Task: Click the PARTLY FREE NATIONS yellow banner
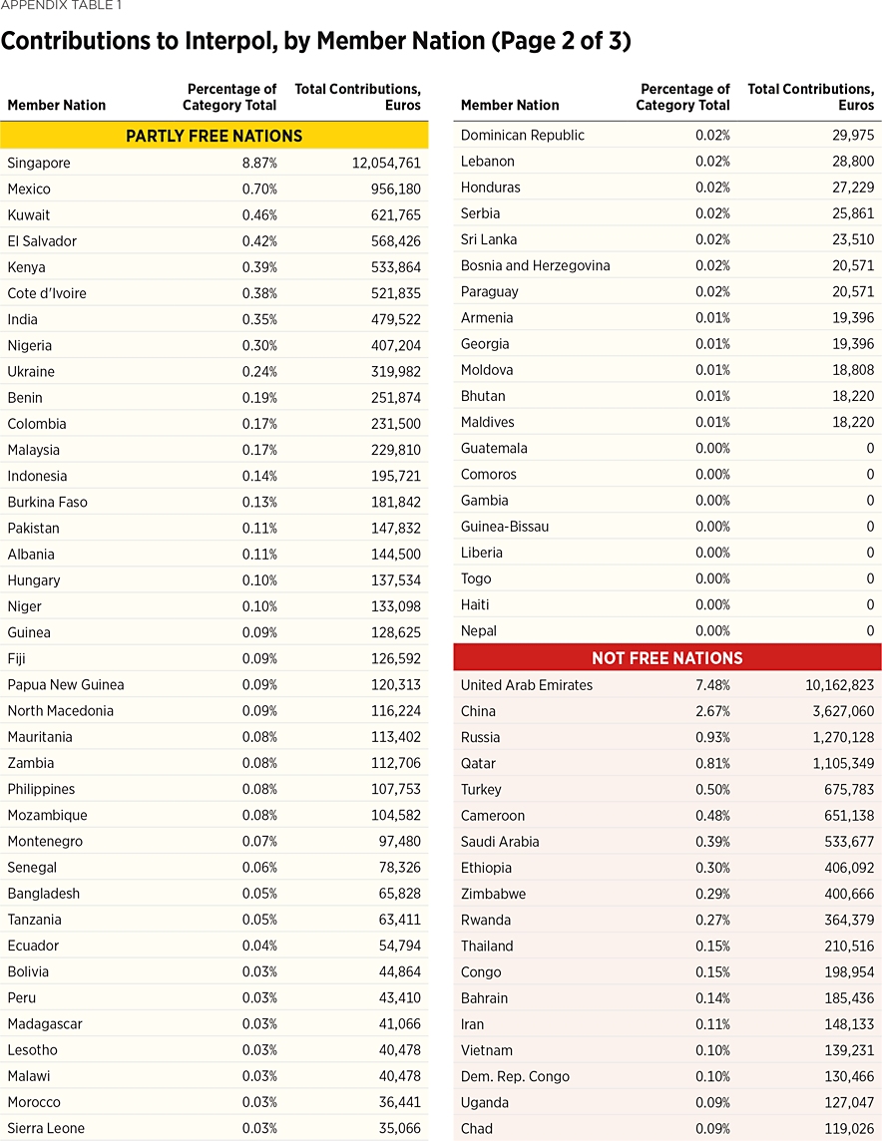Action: (x=214, y=136)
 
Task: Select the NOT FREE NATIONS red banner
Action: (x=666, y=658)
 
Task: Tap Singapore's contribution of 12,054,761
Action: (x=386, y=163)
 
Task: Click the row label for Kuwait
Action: (x=28, y=214)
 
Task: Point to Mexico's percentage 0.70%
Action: (x=259, y=189)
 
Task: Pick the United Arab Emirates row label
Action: (x=527, y=685)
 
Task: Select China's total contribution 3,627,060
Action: (x=839, y=711)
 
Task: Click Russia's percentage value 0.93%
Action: (x=712, y=737)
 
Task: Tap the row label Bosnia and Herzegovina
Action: (x=535, y=265)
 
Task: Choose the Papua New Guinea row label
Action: (x=66, y=684)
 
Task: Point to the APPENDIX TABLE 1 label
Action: (x=61, y=5)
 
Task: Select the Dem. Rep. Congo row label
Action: (x=515, y=1076)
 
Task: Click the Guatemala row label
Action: (x=494, y=448)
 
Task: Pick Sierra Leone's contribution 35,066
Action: (x=398, y=1128)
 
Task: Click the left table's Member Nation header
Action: (x=56, y=105)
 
